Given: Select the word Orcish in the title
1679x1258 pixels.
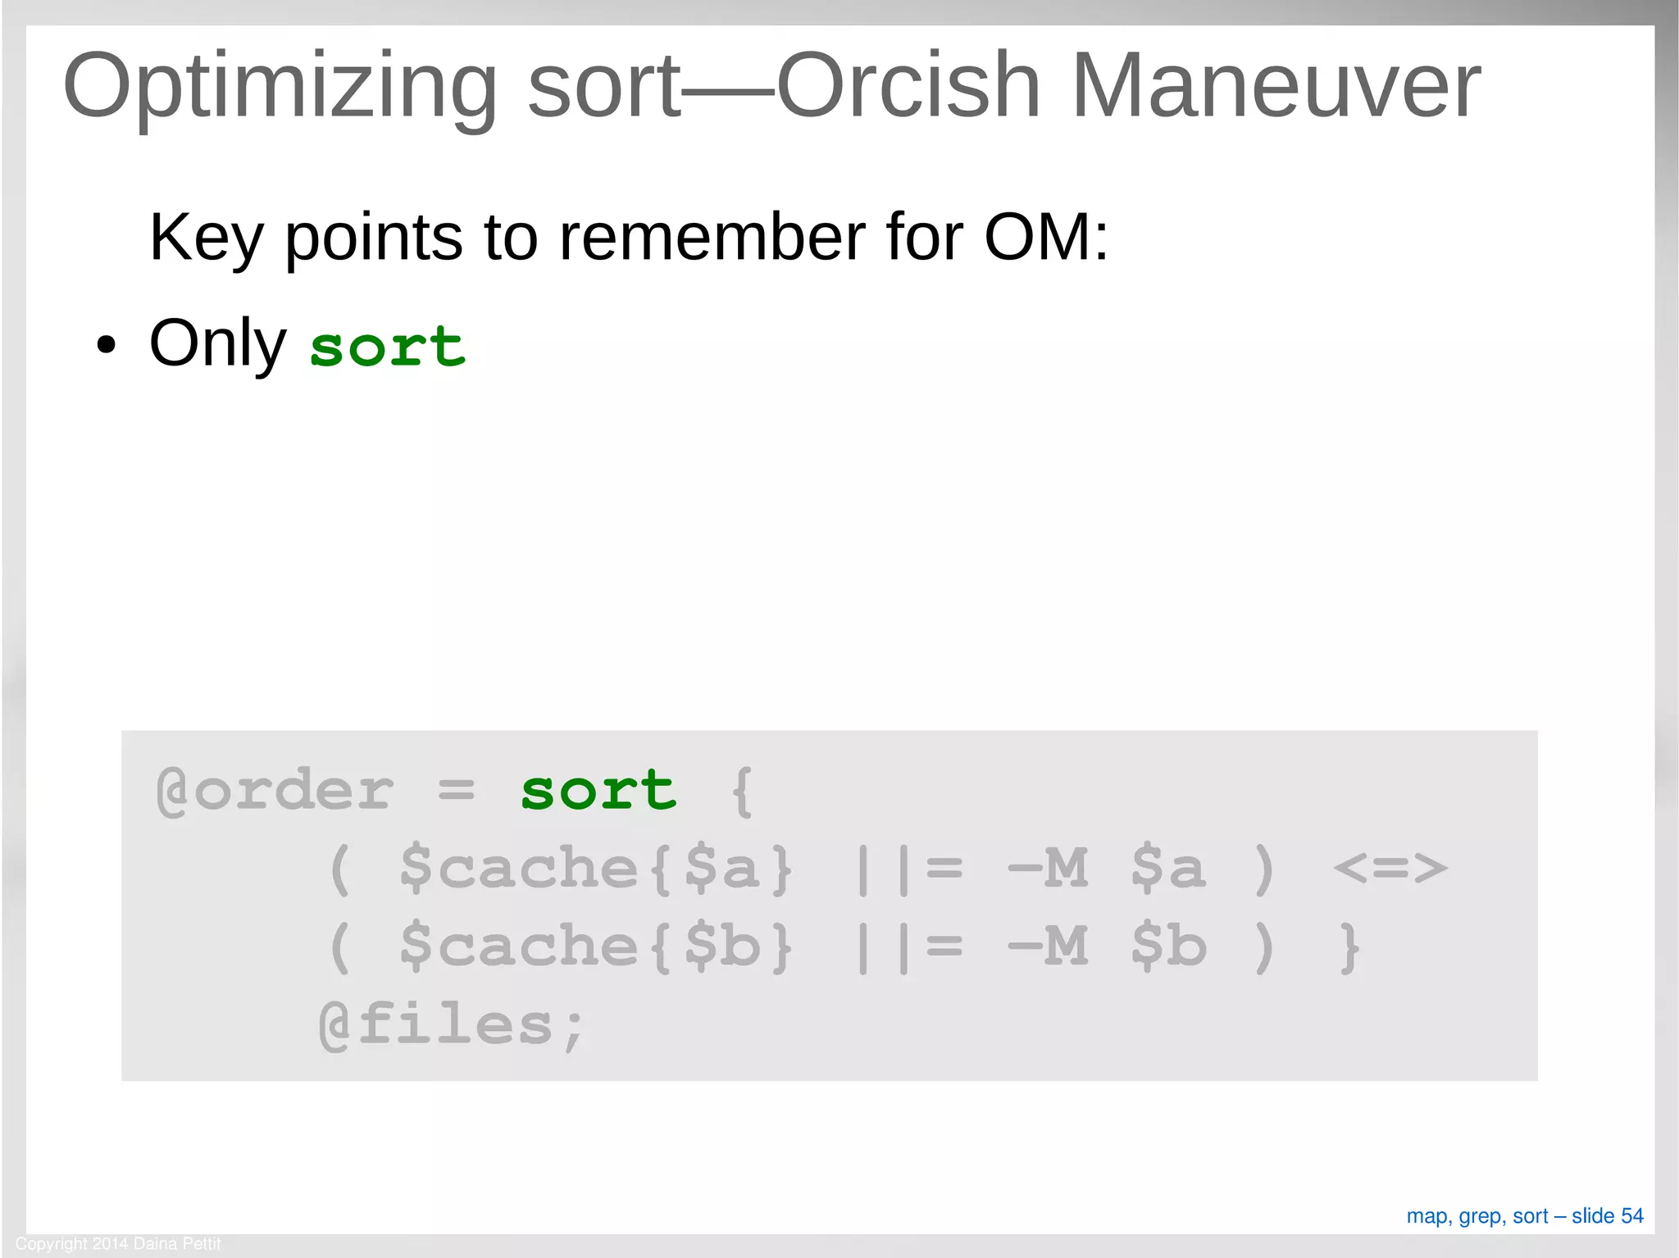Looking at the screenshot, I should click(x=908, y=85).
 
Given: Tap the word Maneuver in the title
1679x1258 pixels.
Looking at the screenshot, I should click(x=1276, y=85).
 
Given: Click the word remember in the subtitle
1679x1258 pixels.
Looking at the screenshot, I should click(x=712, y=237).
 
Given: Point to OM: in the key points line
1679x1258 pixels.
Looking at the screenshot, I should click(x=1046, y=237).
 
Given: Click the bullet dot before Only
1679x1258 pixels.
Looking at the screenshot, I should click(x=106, y=345).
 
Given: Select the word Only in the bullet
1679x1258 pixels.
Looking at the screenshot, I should click(x=217, y=343).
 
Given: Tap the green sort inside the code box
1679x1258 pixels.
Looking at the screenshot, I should click(x=598, y=791).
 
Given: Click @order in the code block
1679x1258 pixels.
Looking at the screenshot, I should click(x=275, y=791).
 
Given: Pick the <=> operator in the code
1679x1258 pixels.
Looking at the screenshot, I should click(x=1390, y=869).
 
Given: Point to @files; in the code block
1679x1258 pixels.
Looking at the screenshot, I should click(x=452, y=1025).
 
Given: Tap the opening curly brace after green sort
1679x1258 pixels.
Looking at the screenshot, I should click(x=742, y=792).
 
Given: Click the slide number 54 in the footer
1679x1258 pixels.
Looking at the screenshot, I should click(x=1631, y=1215).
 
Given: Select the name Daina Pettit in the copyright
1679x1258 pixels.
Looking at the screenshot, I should click(x=177, y=1243).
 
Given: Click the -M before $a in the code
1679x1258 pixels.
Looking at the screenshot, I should click(x=1048, y=869).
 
